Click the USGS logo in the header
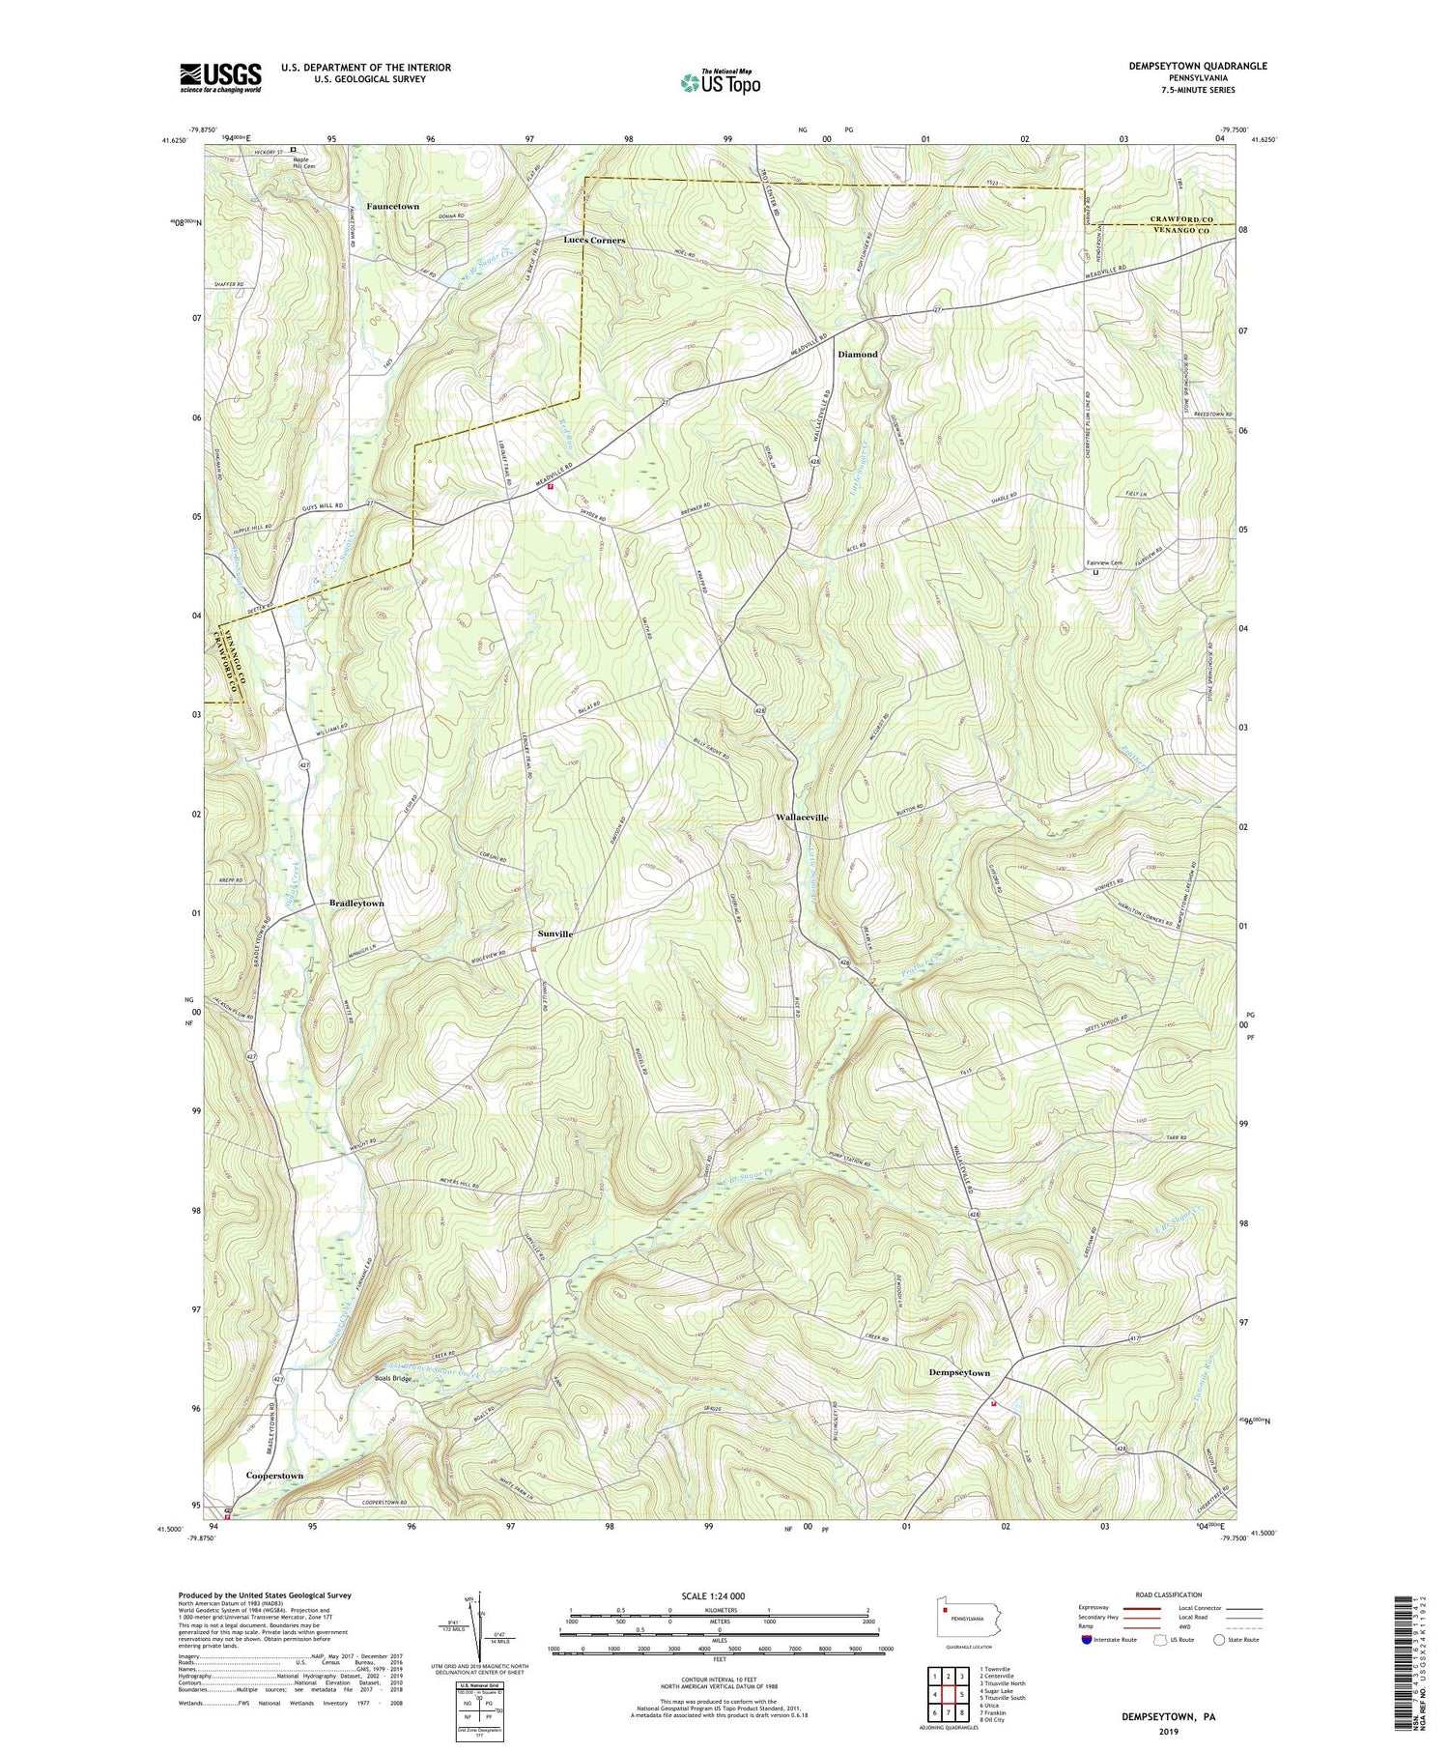[220, 77]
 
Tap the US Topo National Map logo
[720, 82]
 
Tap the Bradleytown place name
[356, 903]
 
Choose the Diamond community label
[857, 355]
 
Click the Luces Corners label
[595, 240]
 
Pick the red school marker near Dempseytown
[993, 1404]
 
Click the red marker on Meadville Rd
[551, 487]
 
